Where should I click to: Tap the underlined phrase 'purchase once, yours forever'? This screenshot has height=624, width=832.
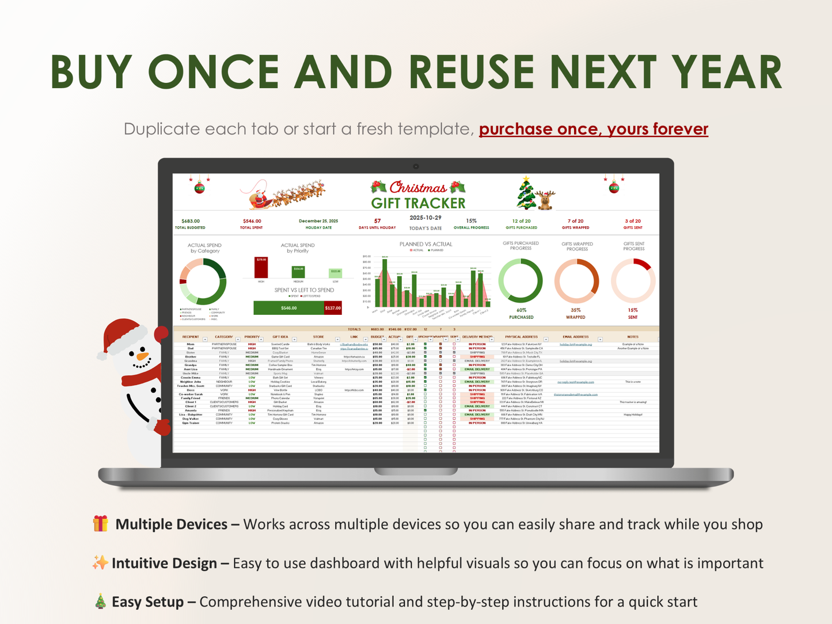(x=593, y=129)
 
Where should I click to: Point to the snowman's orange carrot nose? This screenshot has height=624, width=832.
(x=142, y=356)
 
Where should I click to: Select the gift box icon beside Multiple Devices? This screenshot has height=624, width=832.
(x=100, y=524)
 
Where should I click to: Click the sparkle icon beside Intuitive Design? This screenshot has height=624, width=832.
(x=100, y=562)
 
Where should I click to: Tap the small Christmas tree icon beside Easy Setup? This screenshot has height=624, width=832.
(x=100, y=602)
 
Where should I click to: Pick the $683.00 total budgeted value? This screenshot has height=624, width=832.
(x=191, y=221)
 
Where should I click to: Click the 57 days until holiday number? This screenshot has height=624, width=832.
(x=377, y=221)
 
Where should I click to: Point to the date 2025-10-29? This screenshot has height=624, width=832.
(x=425, y=218)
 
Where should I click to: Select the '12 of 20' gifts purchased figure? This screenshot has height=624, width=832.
(x=521, y=221)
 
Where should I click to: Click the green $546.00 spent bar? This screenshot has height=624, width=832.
(x=288, y=308)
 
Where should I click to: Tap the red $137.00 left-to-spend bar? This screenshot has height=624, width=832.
(x=333, y=308)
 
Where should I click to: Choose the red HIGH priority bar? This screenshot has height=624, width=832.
(x=261, y=268)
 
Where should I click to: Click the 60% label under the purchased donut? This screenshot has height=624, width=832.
(x=521, y=310)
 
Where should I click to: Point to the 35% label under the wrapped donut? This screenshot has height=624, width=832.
(x=575, y=310)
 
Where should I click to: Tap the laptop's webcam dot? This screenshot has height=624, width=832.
(x=416, y=166)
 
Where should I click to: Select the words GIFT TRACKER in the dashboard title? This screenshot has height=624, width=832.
(x=418, y=203)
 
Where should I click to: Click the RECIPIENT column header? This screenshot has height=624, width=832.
(x=191, y=337)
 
